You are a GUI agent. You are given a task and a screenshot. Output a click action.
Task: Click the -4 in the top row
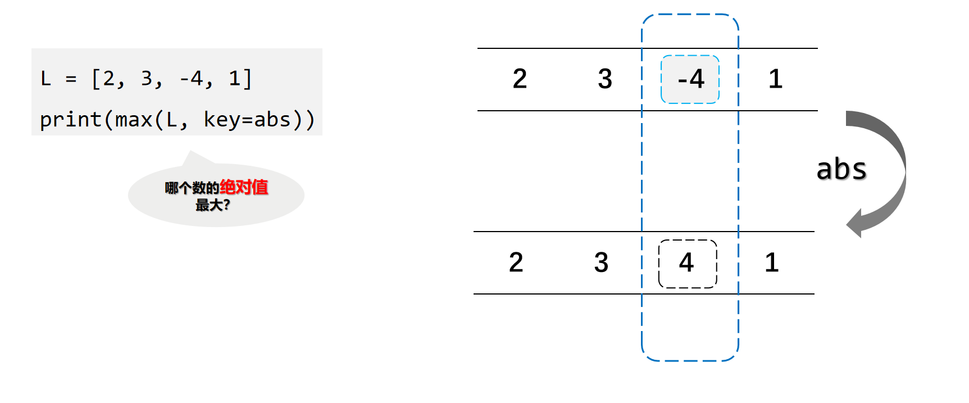click(x=690, y=79)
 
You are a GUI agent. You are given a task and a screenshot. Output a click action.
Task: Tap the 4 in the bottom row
click(x=686, y=262)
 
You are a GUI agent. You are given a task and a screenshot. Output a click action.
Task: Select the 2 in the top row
click(x=520, y=79)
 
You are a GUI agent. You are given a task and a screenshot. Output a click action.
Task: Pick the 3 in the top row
click(x=605, y=79)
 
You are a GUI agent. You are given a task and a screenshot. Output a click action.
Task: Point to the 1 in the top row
click(x=775, y=79)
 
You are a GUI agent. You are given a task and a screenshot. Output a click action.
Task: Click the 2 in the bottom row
click(x=516, y=262)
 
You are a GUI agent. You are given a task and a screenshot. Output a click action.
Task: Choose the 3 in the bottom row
click(x=601, y=262)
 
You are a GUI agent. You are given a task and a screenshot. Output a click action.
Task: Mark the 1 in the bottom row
click(x=772, y=262)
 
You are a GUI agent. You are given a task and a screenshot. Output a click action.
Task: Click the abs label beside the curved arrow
click(x=841, y=169)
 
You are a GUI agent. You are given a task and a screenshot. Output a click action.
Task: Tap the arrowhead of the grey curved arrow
click(x=855, y=224)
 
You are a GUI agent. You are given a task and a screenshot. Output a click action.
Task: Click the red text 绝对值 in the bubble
click(x=244, y=187)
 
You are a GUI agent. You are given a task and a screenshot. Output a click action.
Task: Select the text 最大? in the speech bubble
click(x=212, y=205)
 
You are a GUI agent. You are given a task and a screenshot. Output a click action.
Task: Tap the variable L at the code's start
click(x=46, y=79)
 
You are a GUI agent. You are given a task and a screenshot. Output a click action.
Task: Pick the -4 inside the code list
click(x=191, y=79)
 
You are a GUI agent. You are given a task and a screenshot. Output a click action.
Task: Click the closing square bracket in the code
click(x=247, y=79)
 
